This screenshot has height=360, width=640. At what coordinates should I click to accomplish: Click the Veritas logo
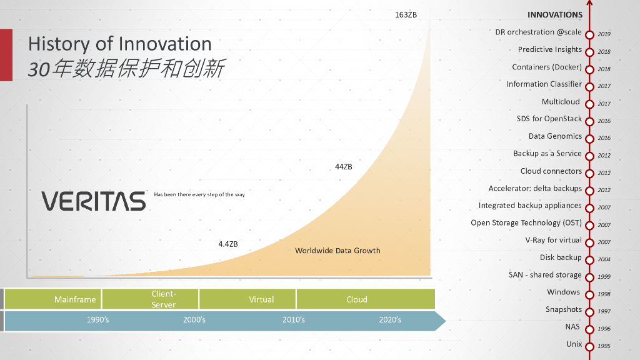(x=94, y=201)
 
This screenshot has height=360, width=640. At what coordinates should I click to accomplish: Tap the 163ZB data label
(x=406, y=15)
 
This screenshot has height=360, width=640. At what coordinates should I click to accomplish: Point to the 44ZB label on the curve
(x=343, y=166)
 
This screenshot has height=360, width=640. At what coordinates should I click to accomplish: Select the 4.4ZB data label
(x=227, y=244)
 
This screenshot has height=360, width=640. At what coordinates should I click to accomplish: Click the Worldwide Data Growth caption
(x=337, y=251)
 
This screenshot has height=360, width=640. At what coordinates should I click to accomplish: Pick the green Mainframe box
(x=53, y=299)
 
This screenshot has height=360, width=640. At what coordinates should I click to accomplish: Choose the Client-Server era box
(x=150, y=299)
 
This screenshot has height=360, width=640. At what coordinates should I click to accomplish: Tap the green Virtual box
(x=247, y=299)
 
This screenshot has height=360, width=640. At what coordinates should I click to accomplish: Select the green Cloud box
(x=366, y=299)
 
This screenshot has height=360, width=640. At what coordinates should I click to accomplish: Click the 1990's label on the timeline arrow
(x=97, y=320)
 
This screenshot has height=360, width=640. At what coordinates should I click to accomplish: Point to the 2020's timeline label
(x=390, y=320)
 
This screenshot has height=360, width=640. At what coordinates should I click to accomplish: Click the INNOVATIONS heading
(x=555, y=15)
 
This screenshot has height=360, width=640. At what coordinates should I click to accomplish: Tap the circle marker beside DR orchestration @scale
(x=589, y=35)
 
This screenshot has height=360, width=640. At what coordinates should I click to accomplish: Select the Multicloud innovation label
(x=561, y=102)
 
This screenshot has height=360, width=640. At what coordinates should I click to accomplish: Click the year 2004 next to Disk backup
(x=604, y=259)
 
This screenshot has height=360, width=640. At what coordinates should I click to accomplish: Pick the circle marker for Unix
(x=589, y=347)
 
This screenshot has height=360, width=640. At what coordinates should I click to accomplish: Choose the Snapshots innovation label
(x=564, y=309)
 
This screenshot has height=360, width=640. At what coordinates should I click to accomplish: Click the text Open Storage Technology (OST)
(x=526, y=223)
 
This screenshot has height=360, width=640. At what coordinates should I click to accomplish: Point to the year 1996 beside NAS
(x=604, y=329)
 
